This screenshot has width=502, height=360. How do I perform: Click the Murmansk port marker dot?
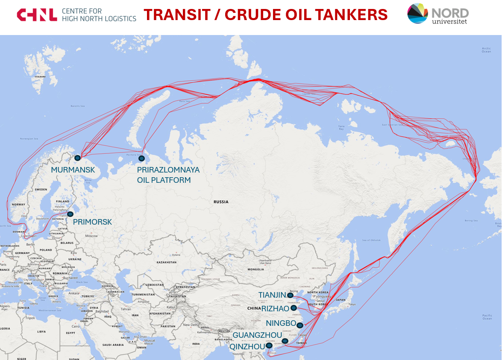77,158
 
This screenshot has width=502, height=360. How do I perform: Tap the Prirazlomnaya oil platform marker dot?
141,158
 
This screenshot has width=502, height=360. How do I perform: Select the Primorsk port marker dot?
70,214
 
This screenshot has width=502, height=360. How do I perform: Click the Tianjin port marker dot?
291,295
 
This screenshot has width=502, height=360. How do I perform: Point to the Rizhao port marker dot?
294,308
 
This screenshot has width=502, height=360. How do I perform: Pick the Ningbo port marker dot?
300,325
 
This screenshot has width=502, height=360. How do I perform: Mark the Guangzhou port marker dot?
285,341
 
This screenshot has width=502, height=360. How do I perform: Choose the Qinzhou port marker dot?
269,345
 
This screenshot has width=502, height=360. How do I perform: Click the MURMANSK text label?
73,170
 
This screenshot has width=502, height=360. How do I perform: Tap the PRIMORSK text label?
92,222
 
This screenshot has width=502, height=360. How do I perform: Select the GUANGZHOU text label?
257,335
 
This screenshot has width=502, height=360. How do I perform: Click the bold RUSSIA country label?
221,202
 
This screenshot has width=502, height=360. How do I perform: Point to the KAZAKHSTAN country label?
167,262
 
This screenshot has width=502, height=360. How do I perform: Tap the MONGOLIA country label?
255,269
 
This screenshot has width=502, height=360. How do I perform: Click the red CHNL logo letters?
37,15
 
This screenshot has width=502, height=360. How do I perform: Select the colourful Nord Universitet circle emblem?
417,13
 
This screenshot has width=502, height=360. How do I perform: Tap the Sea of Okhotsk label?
371,240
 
